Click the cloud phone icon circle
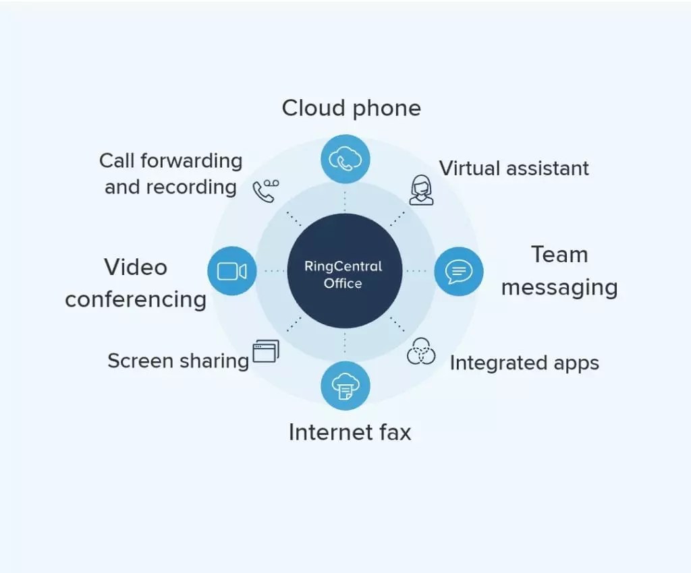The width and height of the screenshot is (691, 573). tap(345, 159)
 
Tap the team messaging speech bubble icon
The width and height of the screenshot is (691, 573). tap(459, 271)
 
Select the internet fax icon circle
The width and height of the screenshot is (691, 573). tap(345, 386)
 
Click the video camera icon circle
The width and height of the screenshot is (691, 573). tap(231, 271)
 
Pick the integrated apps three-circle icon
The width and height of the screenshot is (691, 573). tap(421, 351)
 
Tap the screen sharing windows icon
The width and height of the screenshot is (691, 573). tap(265, 351)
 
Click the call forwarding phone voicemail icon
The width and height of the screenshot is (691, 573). tap(265, 191)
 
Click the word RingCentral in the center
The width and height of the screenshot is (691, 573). tap(343, 266)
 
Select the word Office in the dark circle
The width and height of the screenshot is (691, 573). tap(343, 283)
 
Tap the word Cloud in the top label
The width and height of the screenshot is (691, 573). tap(310, 108)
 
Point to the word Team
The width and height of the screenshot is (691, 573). tap(559, 255)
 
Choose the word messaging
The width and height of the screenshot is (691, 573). tap(559, 288)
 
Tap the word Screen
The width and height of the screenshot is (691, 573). tap(140, 361)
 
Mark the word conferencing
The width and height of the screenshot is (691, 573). tap(136, 299)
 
